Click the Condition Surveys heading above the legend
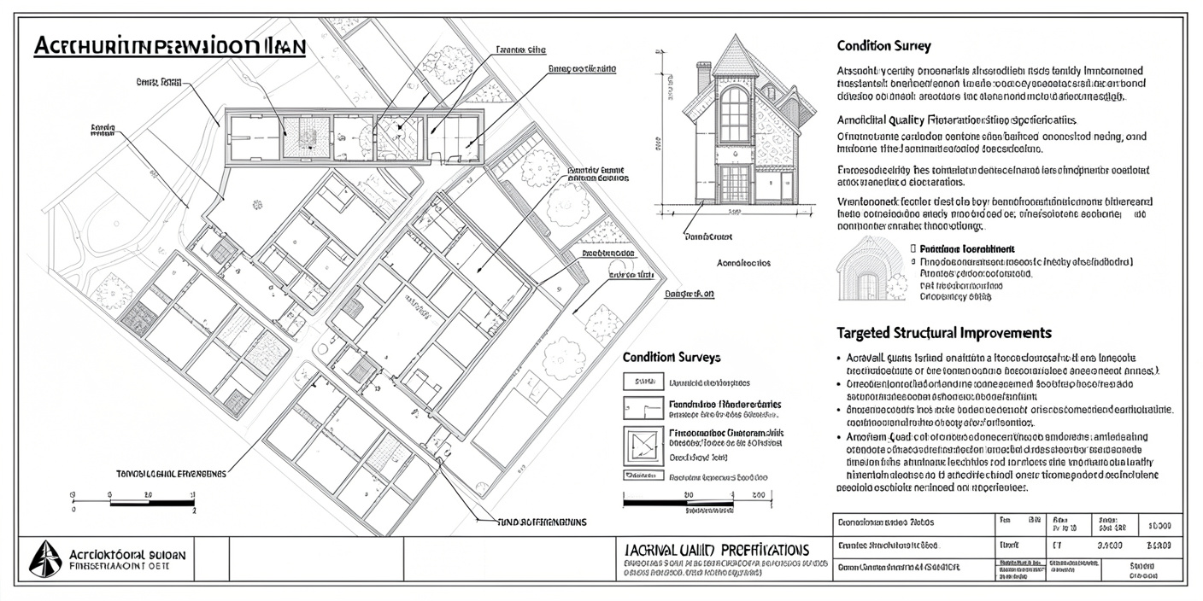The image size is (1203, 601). (x=672, y=357)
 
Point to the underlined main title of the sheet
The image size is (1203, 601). (x=169, y=47)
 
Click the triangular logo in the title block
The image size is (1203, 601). (x=44, y=559)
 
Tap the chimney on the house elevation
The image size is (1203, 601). (x=704, y=79)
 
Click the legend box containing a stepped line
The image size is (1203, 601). (x=643, y=408)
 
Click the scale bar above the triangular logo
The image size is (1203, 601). (x=151, y=503)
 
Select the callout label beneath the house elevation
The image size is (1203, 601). (x=709, y=236)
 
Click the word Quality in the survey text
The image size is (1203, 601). (x=908, y=120)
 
